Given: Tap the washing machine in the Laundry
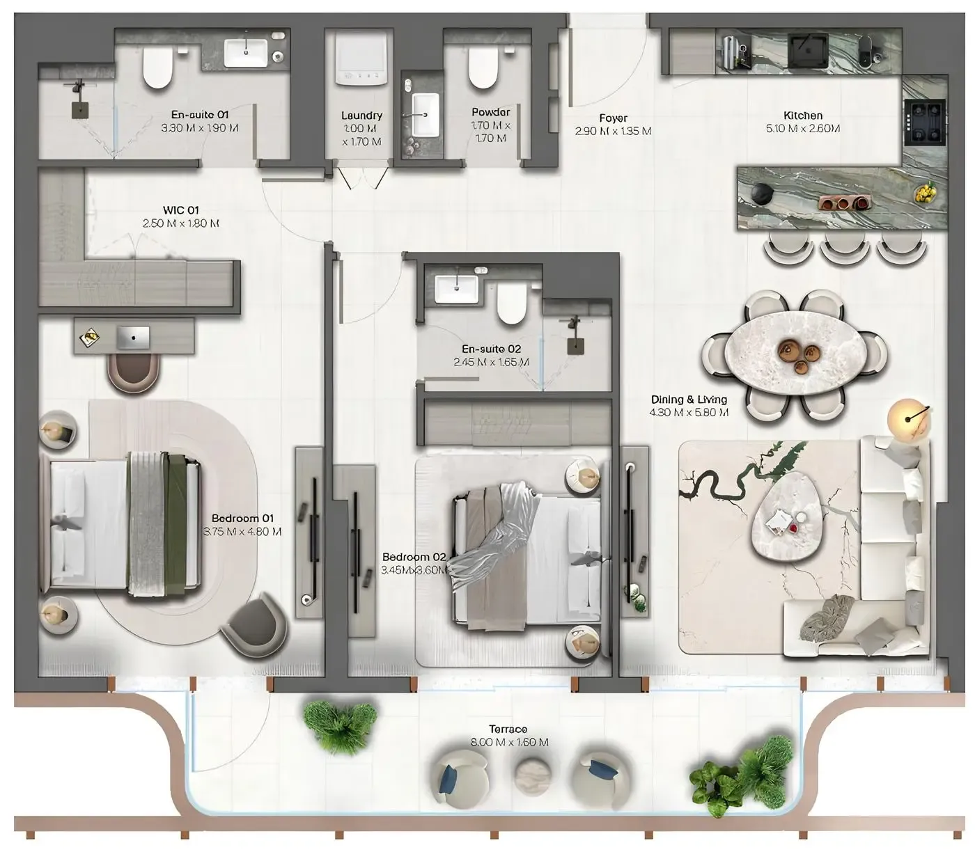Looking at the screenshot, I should point(361,59).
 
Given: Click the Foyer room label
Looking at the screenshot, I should point(613,118).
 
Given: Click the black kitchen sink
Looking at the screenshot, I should point(808,49).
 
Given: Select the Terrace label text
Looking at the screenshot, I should point(508,729).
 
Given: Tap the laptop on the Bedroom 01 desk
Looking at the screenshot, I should point(133,338).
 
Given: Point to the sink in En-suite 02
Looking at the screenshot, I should point(456,289).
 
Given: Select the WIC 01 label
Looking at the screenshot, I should point(180,210).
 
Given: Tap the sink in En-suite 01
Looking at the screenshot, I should point(245,52).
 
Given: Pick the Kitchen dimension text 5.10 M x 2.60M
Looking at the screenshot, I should point(803,129).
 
